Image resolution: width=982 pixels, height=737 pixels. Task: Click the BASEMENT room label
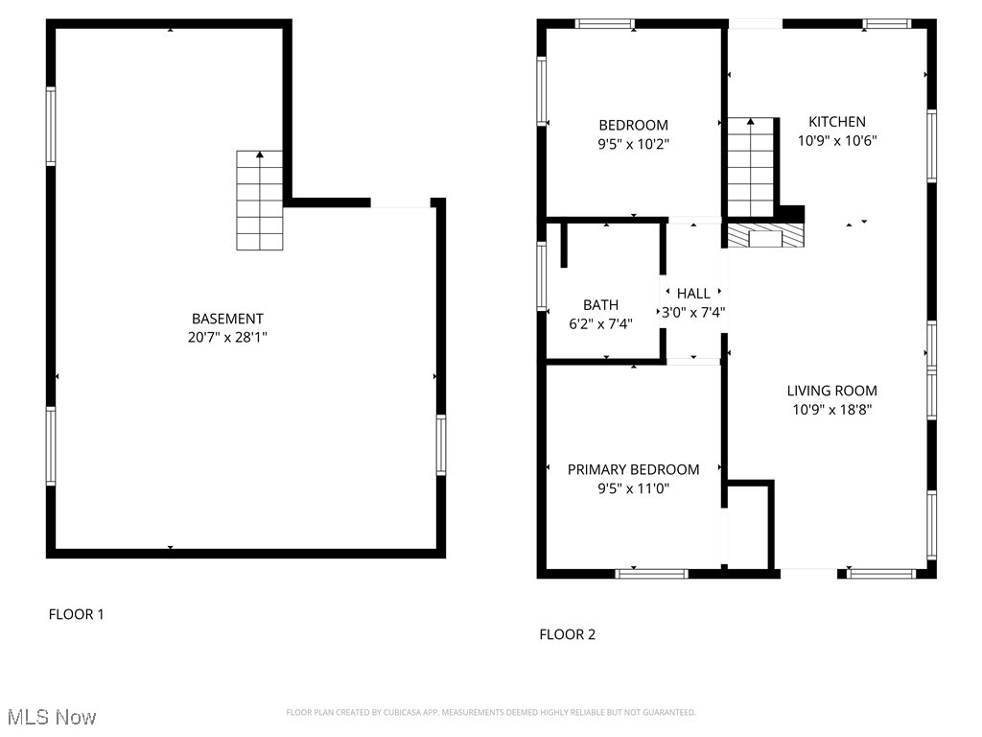pyautogui.click(x=227, y=319)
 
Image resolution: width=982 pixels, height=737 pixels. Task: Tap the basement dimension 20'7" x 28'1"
pyautogui.click(x=227, y=338)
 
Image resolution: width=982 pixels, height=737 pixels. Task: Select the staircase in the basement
pyautogui.click(x=261, y=201)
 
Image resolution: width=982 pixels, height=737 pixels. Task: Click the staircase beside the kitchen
pyautogui.click(x=750, y=167)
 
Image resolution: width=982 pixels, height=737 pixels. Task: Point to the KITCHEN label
pyautogui.click(x=836, y=122)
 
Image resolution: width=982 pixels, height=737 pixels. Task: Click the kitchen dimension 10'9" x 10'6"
pyautogui.click(x=836, y=140)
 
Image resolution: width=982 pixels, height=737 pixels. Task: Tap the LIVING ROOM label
pyautogui.click(x=831, y=391)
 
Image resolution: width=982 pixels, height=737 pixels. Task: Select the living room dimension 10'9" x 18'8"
pyautogui.click(x=831, y=409)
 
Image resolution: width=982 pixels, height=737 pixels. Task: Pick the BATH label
pyautogui.click(x=600, y=305)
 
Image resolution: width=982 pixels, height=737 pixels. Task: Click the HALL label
pyautogui.click(x=693, y=294)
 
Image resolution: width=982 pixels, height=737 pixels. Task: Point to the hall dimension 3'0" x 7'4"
pyautogui.click(x=693, y=312)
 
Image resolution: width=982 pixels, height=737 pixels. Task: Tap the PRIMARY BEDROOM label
pyautogui.click(x=633, y=469)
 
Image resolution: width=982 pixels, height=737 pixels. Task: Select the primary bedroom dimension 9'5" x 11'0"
pyautogui.click(x=633, y=488)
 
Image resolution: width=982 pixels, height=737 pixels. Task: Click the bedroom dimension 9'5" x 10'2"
pyautogui.click(x=633, y=144)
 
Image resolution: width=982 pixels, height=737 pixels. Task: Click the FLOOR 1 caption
pyautogui.click(x=76, y=614)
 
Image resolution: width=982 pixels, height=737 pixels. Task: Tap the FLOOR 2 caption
pyautogui.click(x=567, y=634)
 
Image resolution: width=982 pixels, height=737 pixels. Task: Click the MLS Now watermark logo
pyautogui.click(x=52, y=717)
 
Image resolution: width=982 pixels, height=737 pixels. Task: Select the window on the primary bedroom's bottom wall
pyautogui.click(x=651, y=574)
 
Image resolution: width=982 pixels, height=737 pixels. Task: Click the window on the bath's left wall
pyautogui.click(x=542, y=275)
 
